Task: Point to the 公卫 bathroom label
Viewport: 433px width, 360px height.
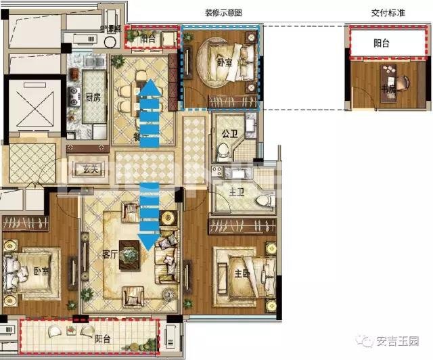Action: [x=228, y=133]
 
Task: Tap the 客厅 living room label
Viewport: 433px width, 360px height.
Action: [x=111, y=256]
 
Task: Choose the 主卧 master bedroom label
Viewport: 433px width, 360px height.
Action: [x=238, y=273]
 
